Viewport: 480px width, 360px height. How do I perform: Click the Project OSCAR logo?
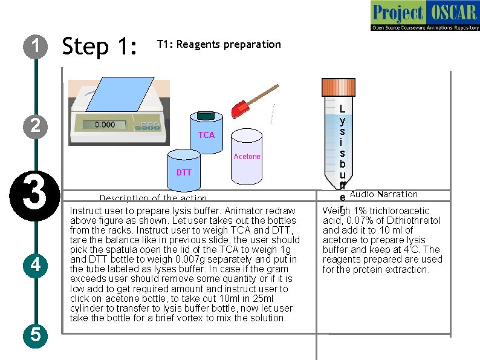pyautogui.click(x=424, y=16)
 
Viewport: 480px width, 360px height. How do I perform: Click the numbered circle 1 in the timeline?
pyautogui.click(x=36, y=46)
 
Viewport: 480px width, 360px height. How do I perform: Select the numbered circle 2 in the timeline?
pyautogui.click(x=36, y=126)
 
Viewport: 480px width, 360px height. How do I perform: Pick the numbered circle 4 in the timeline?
pyautogui.click(x=36, y=264)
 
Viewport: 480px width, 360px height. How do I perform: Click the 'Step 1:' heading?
pyautogui.click(x=100, y=46)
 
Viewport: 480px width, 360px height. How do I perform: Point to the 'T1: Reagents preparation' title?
pyautogui.click(x=219, y=44)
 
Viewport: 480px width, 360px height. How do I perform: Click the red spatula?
pyautogui.click(x=242, y=108)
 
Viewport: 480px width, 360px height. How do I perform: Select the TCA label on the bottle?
pyautogui.click(x=206, y=135)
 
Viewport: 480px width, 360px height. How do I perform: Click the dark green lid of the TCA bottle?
pyautogui.click(x=207, y=115)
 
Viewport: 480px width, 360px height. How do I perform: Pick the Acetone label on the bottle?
pyautogui.click(x=247, y=157)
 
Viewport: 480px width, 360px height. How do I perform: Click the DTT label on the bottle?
pyautogui.click(x=184, y=172)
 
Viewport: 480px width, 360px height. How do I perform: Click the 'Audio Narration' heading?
pyautogui.click(x=383, y=194)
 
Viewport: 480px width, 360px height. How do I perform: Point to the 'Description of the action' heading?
pyautogui.click(x=153, y=198)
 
